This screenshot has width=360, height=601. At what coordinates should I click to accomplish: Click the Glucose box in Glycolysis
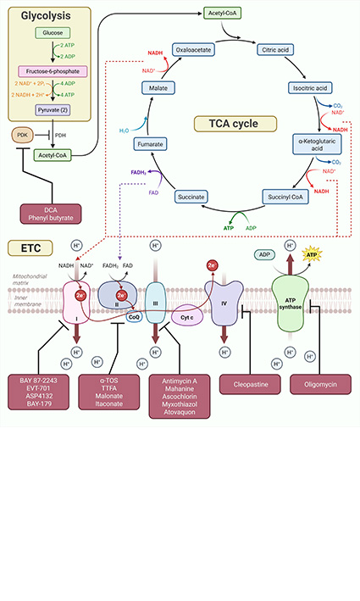53,33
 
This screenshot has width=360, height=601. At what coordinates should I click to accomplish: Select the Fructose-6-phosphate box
53,72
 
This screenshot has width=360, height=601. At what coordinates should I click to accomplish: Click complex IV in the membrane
224,303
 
